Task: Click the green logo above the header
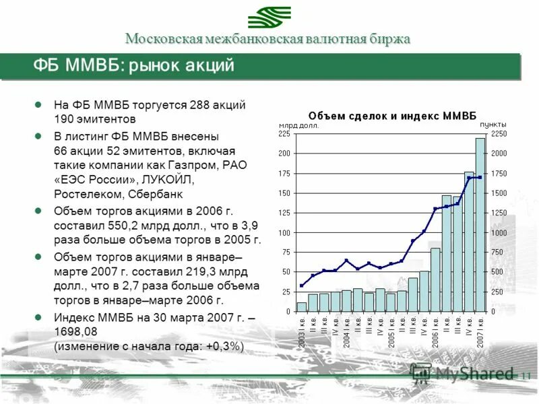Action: pyautogui.click(x=269, y=17)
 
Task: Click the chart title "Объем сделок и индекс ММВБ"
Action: pyautogui.click(x=391, y=116)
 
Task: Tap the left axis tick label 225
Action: pyautogui.click(x=284, y=134)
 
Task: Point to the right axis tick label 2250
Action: pyautogui.click(x=498, y=134)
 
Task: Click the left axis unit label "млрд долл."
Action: pyautogui.click(x=299, y=125)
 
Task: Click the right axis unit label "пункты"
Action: pyautogui.click(x=493, y=125)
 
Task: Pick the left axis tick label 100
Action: pyautogui.click(x=284, y=233)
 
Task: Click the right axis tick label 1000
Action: pyautogui.click(x=498, y=233)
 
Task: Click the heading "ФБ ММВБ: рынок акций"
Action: pyautogui.click(x=134, y=66)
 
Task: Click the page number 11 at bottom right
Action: pyautogui.click(x=526, y=376)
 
